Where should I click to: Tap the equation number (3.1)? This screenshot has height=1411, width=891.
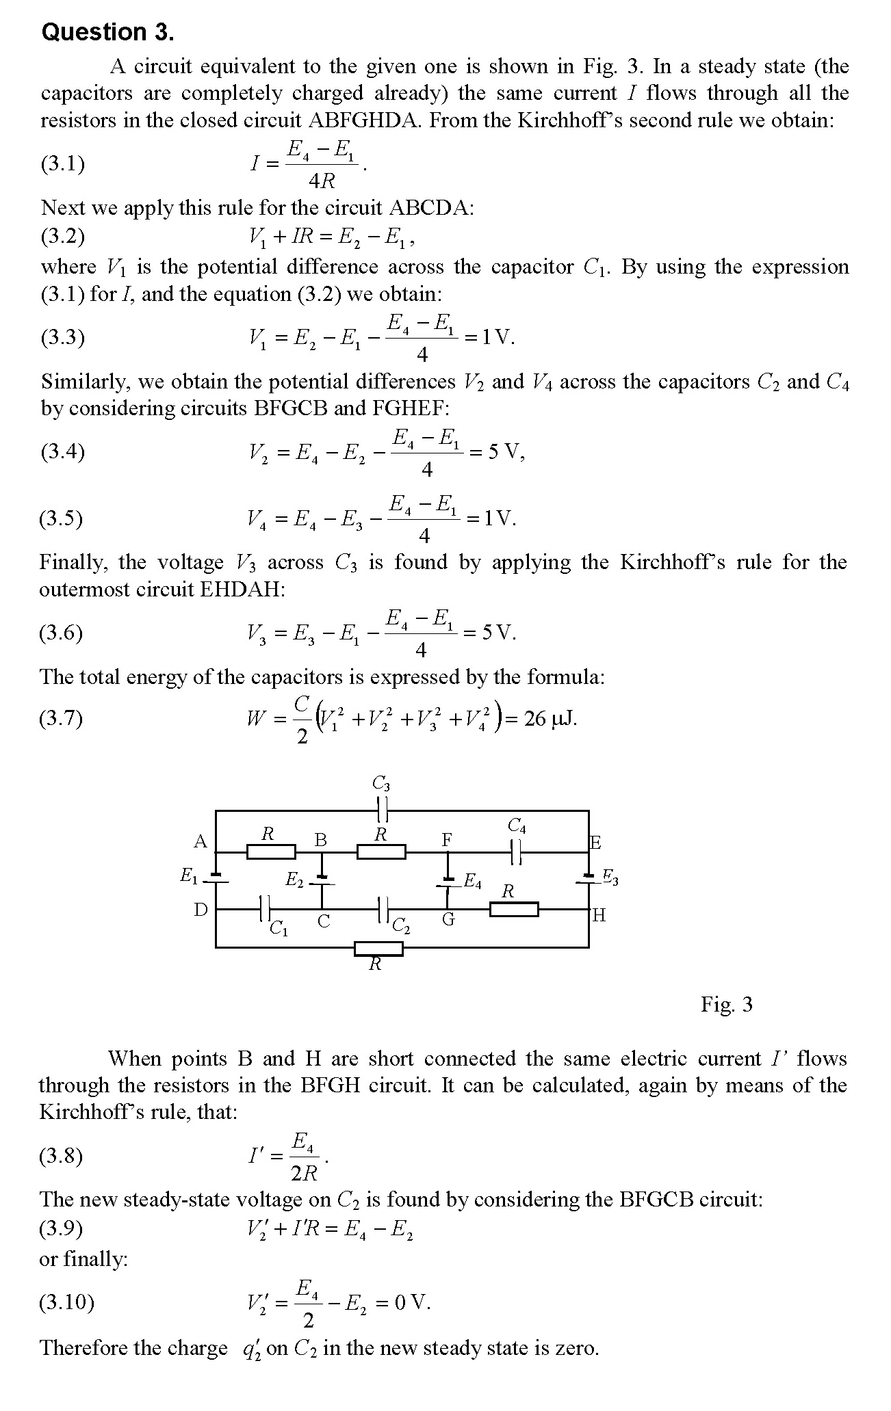[x=63, y=163]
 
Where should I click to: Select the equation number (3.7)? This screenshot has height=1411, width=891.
[x=61, y=718]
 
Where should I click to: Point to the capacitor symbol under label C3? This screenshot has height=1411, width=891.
[x=383, y=810]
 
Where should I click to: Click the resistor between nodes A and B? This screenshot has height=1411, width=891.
[x=271, y=852]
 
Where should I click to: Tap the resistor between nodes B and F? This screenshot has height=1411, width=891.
[x=381, y=852]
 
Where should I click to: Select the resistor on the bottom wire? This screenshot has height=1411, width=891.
[x=378, y=948]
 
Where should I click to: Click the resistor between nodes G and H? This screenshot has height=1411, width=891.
[x=514, y=910]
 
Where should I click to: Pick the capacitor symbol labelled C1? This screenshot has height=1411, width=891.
[x=266, y=910]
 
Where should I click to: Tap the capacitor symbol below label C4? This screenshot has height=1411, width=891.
[x=517, y=852]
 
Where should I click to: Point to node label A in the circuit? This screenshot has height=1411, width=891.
[x=200, y=842]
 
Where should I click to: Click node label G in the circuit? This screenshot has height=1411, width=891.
[x=448, y=920]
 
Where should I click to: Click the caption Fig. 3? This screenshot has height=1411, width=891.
[x=726, y=1004]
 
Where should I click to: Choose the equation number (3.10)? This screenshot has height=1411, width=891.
[x=66, y=1302]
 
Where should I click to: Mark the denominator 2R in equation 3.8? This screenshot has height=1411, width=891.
[x=304, y=1174]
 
